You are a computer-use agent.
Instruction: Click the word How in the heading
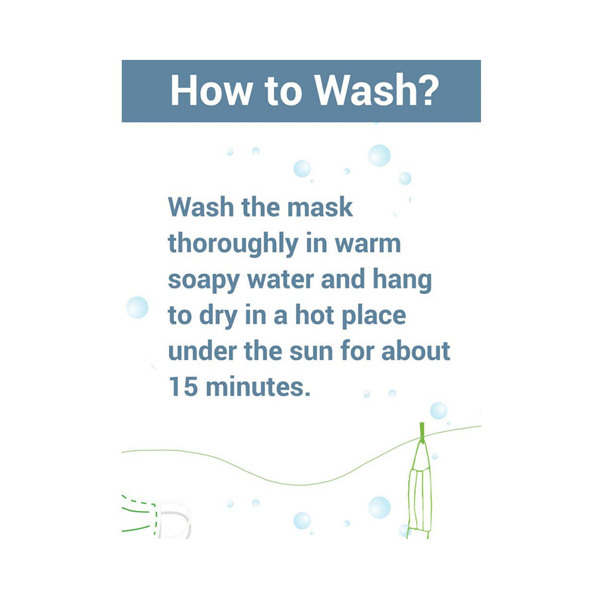(211, 90)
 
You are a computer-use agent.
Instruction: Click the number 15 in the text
(183, 386)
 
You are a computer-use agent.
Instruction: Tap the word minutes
(258, 386)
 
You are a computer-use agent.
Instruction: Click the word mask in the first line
(320, 207)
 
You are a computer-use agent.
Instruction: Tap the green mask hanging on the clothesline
(420, 493)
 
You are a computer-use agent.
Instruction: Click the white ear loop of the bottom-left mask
(176, 520)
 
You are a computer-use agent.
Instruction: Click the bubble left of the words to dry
(137, 307)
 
